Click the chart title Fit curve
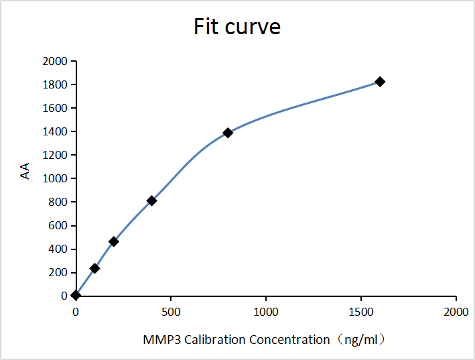237,27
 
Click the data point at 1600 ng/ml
380,82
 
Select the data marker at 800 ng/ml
228,133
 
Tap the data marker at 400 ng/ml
152,200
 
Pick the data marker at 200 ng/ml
114,241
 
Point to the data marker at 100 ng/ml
94,268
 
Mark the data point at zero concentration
76,295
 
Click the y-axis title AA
25,173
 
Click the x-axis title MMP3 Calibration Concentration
264,339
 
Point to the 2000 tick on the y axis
55,62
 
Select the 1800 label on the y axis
55,85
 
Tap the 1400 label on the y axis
55,132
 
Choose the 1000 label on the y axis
55,179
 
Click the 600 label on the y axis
58,226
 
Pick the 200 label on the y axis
58,273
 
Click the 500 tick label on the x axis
171,312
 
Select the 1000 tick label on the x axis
266,312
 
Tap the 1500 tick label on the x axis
361,312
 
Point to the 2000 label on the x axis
456,312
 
